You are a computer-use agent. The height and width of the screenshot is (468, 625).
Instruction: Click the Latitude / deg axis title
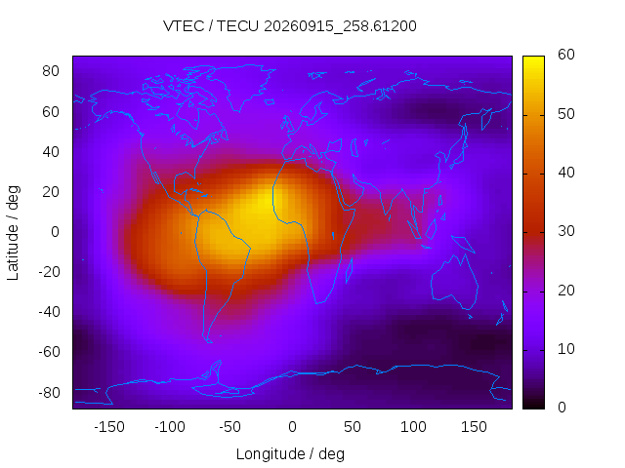pyautogui.click(x=13, y=233)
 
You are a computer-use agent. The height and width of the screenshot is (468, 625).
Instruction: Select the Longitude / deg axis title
pyautogui.click(x=290, y=453)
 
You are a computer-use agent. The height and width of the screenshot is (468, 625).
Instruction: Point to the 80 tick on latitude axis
pyautogui.click(x=51, y=71)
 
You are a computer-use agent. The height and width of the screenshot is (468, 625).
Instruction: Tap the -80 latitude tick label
pyautogui.click(x=49, y=393)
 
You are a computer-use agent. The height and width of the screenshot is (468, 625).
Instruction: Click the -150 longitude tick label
pyautogui.click(x=109, y=427)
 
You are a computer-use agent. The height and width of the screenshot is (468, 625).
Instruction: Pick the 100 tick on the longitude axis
pyautogui.click(x=413, y=427)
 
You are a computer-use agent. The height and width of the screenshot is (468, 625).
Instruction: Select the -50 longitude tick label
pyautogui.click(x=230, y=427)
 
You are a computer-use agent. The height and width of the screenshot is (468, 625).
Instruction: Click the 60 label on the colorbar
pyautogui.click(x=566, y=55)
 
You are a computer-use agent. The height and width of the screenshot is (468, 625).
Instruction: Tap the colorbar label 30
pyautogui.click(x=566, y=231)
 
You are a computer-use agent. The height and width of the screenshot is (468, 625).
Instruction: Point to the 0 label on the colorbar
pyautogui.click(x=562, y=408)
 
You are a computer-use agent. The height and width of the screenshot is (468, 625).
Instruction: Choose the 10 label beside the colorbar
pyautogui.click(x=566, y=349)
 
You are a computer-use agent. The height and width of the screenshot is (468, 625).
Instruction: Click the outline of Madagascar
pyautogui.click(x=349, y=271)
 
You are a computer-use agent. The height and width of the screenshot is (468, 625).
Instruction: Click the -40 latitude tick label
pyautogui.click(x=49, y=312)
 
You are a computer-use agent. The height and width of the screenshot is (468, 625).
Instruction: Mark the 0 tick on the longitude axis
pyautogui.click(x=292, y=427)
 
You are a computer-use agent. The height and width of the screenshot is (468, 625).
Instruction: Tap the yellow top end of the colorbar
pyautogui.click(x=533, y=59)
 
